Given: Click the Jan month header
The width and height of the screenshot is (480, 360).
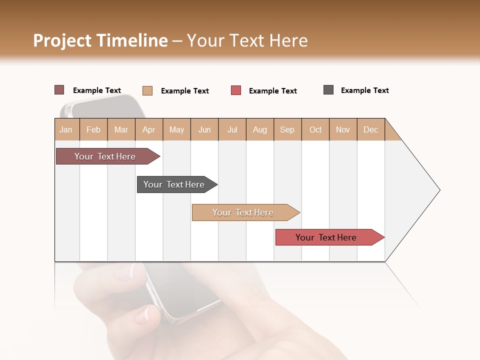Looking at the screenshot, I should click(66, 129).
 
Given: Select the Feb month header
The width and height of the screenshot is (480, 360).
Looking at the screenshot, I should click(93, 129).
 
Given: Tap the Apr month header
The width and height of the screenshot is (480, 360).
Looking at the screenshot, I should click(148, 129).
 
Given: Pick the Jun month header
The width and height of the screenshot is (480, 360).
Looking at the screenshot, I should click(204, 129).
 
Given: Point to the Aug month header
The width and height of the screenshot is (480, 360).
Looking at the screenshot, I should click(259, 129).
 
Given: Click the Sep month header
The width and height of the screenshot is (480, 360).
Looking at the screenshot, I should click(287, 129).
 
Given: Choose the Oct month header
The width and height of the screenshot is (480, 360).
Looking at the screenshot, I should click(315, 129).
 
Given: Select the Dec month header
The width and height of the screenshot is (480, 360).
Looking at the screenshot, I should click(370, 129).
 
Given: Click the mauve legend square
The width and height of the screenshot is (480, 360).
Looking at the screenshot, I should click(59, 90).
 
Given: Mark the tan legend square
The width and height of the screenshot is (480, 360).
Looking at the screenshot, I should click(147, 90).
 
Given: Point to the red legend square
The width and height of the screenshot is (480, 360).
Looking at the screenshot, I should click(236, 90).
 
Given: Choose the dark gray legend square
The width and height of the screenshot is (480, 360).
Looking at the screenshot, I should click(328, 90).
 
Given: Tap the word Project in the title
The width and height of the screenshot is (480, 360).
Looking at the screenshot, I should click(62, 40).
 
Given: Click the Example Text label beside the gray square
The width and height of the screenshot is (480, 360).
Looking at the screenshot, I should click(364, 90).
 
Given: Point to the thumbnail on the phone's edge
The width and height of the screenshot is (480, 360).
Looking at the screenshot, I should click(144, 315).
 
